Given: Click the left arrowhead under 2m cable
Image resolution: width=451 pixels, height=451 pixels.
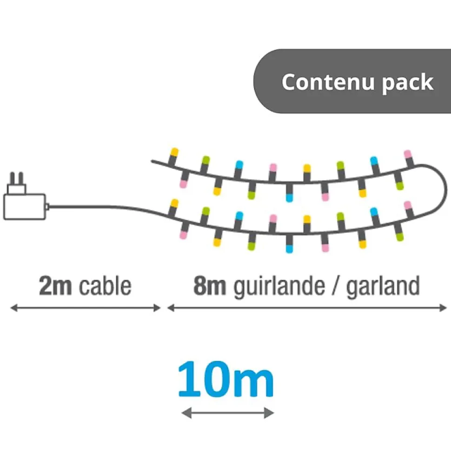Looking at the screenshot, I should click(13, 307).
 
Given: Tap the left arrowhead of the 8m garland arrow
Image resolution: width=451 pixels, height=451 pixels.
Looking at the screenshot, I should click(171, 307).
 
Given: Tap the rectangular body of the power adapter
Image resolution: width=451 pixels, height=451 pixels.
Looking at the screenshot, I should click(25, 206).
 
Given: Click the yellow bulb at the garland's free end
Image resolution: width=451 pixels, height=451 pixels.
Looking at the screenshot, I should click(174, 152).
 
